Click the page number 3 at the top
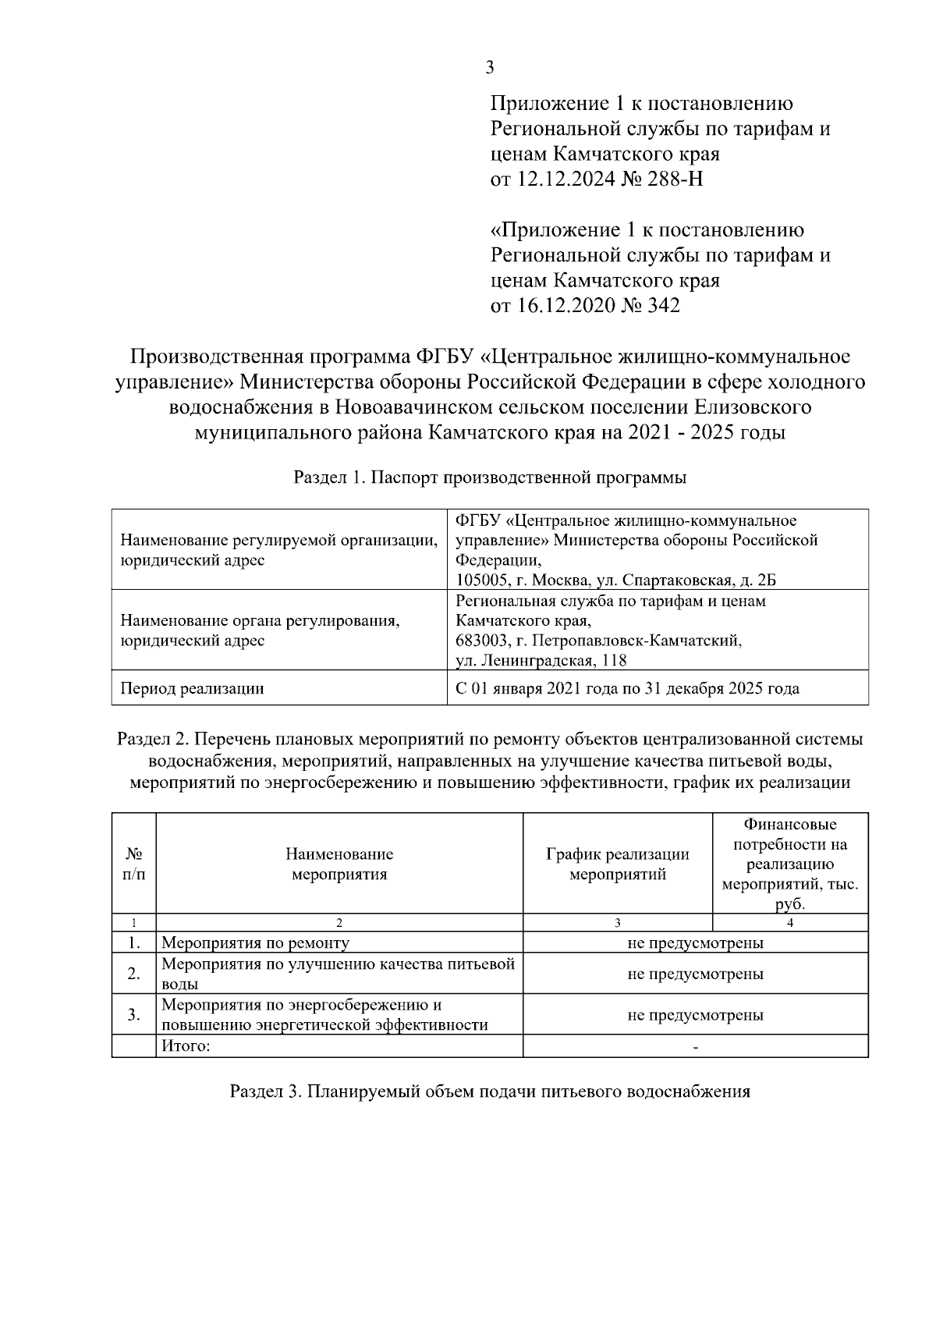tap(490, 68)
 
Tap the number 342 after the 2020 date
tap(662, 306)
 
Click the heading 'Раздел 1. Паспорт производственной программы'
tap(490, 478)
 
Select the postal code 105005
tap(481, 580)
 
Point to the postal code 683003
tap(481, 641)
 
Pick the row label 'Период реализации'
tap(192, 689)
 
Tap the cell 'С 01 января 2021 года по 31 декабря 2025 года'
tap(627, 689)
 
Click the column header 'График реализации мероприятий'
tap(617, 864)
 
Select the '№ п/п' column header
tap(133, 864)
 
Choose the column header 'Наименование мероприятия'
tap(339, 864)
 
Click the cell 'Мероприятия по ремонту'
tap(255, 942)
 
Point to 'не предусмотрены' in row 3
tap(695, 1015)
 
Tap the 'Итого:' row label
tap(186, 1046)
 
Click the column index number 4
tap(790, 923)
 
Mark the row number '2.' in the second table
tap(133, 974)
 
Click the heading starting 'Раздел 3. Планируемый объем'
tap(490, 1092)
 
